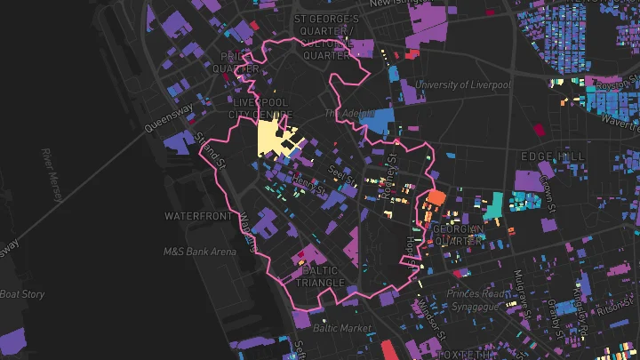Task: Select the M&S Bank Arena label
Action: coord(200,252)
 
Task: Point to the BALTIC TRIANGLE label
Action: coord(323,276)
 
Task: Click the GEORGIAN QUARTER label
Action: coord(458,234)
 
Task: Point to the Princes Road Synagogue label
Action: coord(479,300)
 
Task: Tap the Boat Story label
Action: coord(21,294)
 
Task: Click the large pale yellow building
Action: coord(270,139)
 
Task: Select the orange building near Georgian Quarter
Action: coord(436,197)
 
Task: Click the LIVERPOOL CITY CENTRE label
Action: coord(260,108)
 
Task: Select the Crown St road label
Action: coord(546,188)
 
